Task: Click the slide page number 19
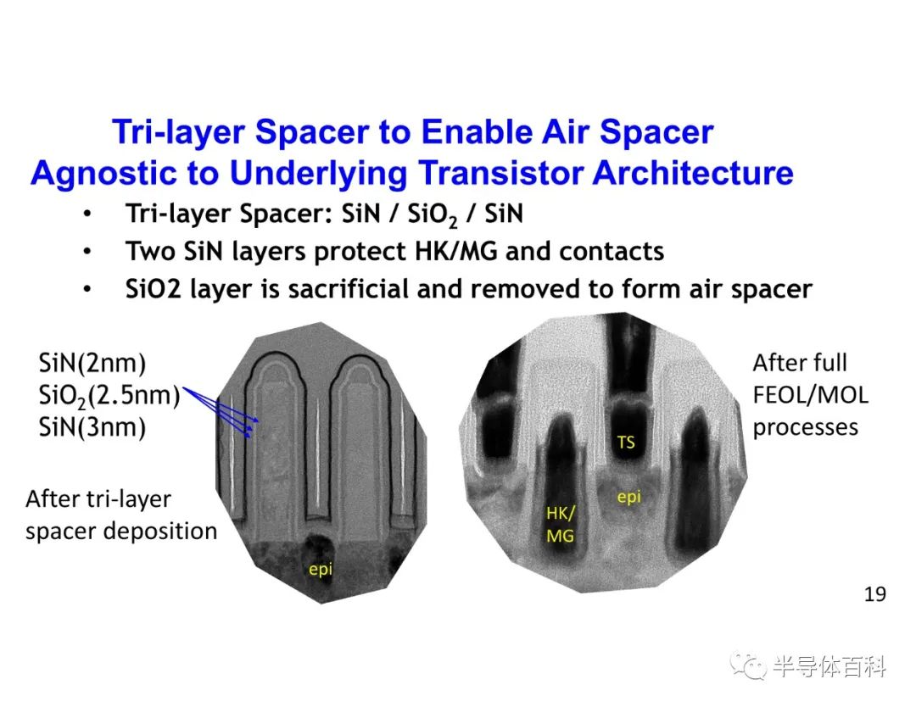tap(874, 593)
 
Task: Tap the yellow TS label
tap(626, 443)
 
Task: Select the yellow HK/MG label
tap(561, 524)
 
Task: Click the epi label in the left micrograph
tap(320, 569)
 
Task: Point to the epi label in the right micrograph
tap(629, 497)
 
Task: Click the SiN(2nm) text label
tap(92, 363)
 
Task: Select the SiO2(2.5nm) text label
tap(109, 397)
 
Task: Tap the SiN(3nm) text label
tap(92, 427)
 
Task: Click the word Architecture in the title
tap(693, 173)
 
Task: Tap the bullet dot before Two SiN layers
tap(87, 252)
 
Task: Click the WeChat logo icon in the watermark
tap(748, 665)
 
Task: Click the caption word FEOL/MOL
tap(810, 395)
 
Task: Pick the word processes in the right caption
tap(806, 428)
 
